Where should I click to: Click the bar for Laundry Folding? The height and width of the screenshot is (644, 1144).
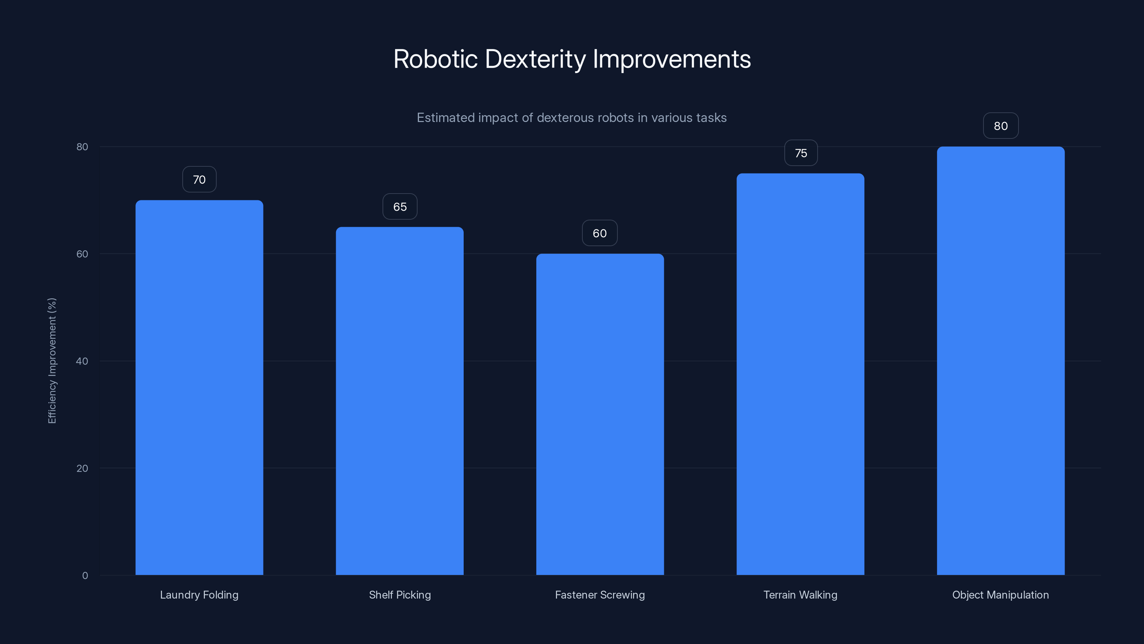coord(199,387)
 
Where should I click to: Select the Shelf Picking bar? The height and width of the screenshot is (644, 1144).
coord(399,401)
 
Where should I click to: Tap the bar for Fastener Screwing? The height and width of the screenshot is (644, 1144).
coord(600,414)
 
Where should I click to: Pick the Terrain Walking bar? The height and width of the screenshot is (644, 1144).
coord(800,374)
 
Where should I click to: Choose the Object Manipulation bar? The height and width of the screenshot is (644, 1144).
coord(1001,361)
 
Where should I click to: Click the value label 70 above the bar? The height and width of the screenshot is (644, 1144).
coord(199,180)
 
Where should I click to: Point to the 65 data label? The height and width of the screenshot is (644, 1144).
coord(400,207)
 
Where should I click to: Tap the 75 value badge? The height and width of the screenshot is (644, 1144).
coord(801,153)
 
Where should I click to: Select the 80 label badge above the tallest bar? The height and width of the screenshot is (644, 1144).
coord(1001,126)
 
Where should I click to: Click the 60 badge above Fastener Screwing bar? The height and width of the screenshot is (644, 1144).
coord(600,233)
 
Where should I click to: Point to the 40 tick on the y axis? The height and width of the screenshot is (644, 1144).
coord(82,361)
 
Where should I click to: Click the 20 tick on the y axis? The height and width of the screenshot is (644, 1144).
coord(82,468)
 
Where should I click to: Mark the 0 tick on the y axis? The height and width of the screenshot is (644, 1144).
coord(85,576)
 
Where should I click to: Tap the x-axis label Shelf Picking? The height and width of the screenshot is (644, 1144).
coord(400,595)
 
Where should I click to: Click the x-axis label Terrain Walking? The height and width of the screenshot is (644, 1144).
coord(800,595)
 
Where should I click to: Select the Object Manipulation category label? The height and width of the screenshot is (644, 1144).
coord(1001,595)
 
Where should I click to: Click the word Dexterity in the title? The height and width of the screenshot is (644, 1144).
coord(535,59)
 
